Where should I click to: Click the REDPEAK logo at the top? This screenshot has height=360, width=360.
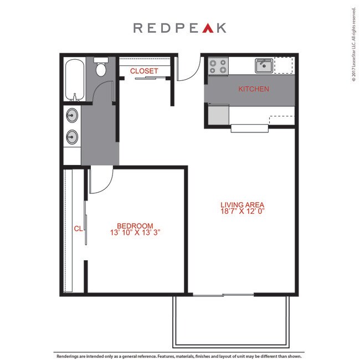[x=179, y=28]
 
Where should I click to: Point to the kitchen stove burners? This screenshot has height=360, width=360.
[x=218, y=67]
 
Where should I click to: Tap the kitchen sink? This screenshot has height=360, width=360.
[x=264, y=66]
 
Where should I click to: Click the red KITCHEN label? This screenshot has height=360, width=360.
[x=254, y=89]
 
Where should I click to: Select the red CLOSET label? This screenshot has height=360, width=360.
[x=144, y=71]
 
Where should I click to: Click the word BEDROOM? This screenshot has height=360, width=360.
[x=135, y=225]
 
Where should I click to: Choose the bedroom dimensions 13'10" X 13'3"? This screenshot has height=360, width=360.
[x=136, y=233]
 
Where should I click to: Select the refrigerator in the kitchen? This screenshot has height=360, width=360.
[x=218, y=115]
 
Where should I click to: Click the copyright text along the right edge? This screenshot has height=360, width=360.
[x=353, y=44]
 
